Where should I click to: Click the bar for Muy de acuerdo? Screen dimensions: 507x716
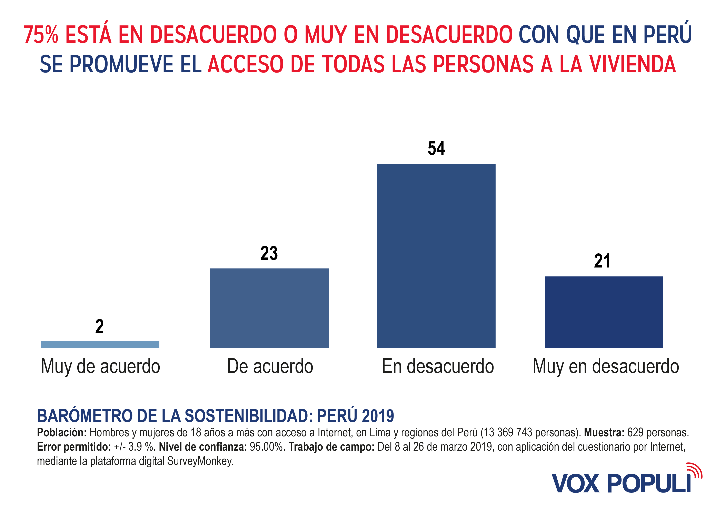[100, 344]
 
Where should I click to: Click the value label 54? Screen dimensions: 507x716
[436, 148]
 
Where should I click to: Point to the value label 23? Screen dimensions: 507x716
[269, 253]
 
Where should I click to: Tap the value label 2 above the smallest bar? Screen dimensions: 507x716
[99, 327]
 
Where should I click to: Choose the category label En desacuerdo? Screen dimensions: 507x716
[438, 367]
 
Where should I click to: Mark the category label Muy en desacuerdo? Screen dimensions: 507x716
[606, 367]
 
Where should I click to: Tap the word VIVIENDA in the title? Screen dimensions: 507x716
[633, 64]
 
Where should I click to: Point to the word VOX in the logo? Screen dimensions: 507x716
[575, 483]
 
